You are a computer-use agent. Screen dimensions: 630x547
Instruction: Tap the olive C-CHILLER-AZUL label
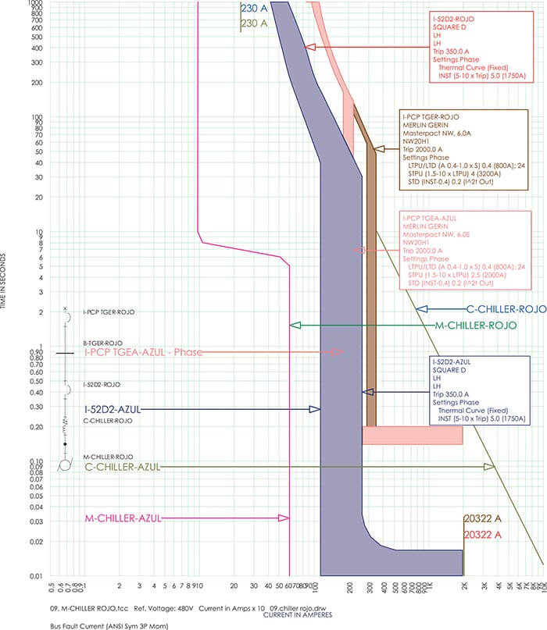tap(122, 467)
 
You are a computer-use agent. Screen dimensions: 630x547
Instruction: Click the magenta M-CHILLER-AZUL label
tap(121, 518)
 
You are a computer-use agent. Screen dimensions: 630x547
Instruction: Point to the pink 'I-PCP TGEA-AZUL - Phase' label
tap(143, 353)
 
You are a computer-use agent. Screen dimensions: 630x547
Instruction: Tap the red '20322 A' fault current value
tap(482, 535)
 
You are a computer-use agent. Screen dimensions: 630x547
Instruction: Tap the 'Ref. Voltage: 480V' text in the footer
tap(166, 607)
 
